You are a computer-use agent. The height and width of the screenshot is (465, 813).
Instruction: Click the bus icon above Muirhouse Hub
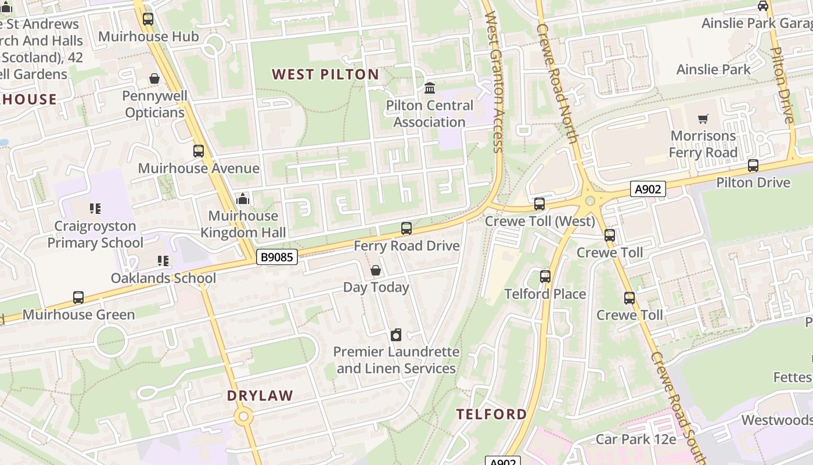pyautogui.click(x=148, y=19)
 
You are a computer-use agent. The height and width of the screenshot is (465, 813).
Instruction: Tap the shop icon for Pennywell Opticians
pyautogui.click(x=154, y=78)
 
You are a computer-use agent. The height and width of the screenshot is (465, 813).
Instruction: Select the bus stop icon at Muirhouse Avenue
pyautogui.click(x=199, y=151)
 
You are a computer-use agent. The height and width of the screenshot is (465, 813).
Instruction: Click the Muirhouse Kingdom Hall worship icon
pyautogui.click(x=243, y=199)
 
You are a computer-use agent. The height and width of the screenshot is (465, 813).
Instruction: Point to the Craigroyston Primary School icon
pyautogui.click(x=95, y=208)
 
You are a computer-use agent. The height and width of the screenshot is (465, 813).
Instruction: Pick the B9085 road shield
pyautogui.click(x=277, y=256)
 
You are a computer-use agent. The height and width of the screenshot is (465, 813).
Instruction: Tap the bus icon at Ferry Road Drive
pyautogui.click(x=406, y=228)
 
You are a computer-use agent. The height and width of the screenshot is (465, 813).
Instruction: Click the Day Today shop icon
pyautogui.click(x=376, y=270)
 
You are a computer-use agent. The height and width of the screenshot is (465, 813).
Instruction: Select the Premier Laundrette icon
pyautogui.click(x=396, y=335)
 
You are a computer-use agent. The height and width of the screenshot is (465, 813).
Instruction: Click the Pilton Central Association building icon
pyautogui.click(x=430, y=88)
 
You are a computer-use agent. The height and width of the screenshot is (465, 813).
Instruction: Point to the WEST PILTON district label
pyautogui.click(x=325, y=74)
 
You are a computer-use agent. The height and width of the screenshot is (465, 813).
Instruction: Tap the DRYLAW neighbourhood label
pyautogui.click(x=260, y=396)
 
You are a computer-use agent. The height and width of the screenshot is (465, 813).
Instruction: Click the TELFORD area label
pyautogui.click(x=491, y=414)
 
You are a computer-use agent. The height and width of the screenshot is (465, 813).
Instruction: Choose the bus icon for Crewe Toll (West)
pyautogui.click(x=539, y=204)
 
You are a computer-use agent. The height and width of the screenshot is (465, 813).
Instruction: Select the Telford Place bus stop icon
pyautogui.click(x=545, y=277)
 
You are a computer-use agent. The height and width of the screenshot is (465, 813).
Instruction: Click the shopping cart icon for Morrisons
pyautogui.click(x=703, y=119)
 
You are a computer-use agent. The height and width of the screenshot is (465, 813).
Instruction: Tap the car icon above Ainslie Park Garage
pyautogui.click(x=763, y=6)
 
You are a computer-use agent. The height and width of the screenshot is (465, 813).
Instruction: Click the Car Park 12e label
pyautogui.click(x=636, y=439)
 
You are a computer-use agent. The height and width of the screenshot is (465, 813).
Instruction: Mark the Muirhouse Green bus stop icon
pyautogui.click(x=78, y=298)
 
